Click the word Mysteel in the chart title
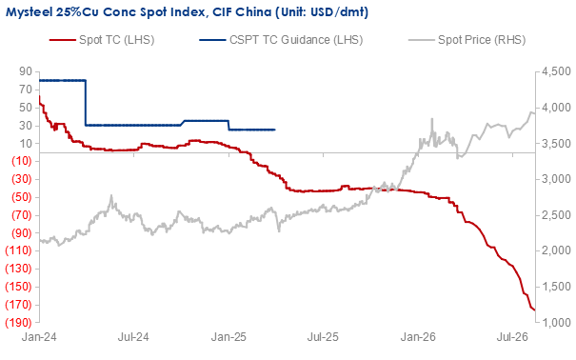pos(29,12)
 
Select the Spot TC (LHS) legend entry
pos(102,40)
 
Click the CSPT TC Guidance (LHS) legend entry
pos(281,40)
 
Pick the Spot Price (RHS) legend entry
pos(467,40)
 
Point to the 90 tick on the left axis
pos(26,71)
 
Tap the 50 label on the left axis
pos(26,108)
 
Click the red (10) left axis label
pos(22,161)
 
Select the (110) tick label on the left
pos(18,250)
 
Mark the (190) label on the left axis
pos(18,322)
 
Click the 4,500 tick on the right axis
pos(556,71)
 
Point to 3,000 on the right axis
pos(556,179)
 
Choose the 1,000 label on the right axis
pos(556,322)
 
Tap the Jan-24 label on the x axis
pos(39,337)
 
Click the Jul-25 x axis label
pos(323,337)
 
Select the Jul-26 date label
pos(512,337)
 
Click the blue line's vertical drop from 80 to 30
pos(86,103)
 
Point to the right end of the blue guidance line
pos(275,130)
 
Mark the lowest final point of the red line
pos(534,310)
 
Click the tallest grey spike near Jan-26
pos(432,119)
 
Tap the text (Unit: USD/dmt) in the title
pos(322,12)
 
